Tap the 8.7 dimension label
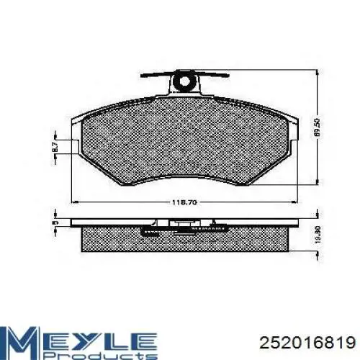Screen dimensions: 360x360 (x=55, y=147)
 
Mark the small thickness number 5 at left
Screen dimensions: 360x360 (x=55, y=223)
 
